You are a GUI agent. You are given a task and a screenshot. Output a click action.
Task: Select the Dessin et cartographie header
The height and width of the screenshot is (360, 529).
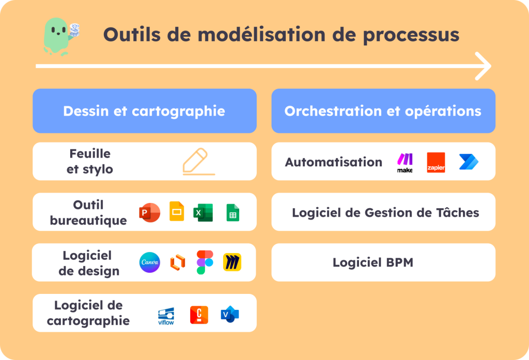pos(144,111)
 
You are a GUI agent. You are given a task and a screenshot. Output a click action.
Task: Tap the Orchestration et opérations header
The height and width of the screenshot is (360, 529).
pos(383,111)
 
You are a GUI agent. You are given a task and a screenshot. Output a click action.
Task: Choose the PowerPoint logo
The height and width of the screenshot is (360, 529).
pos(149,212)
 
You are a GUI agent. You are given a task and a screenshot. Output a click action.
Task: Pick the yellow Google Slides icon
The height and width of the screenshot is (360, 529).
pos(177,212)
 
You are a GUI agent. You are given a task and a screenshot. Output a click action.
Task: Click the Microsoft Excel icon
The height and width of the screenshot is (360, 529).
pos(203,212)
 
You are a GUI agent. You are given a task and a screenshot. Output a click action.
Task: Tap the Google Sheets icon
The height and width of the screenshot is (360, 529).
pos(232,212)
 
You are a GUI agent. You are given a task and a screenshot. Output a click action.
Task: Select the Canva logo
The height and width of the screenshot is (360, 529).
pos(150,262)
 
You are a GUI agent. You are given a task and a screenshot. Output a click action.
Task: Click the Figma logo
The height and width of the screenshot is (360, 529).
pos(205,262)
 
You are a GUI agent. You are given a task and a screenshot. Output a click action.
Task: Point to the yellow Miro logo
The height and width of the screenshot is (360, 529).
pos(232,262)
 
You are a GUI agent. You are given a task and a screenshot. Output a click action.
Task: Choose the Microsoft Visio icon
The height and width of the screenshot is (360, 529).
pos(229,314)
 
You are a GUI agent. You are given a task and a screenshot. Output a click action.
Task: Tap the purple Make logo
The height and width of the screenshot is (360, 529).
pos(404,163)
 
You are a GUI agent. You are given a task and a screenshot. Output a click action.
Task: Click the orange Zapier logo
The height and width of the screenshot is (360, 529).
pos(436,162)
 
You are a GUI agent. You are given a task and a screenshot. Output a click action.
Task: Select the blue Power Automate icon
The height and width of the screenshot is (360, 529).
pos(469,162)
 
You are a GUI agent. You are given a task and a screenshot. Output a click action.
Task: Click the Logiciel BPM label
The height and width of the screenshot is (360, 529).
pos(373,262)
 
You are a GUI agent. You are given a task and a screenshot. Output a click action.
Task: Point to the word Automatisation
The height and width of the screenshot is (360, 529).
pos(334,162)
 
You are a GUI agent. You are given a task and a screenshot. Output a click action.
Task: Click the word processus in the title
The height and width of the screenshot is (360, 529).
pos(409,35)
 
